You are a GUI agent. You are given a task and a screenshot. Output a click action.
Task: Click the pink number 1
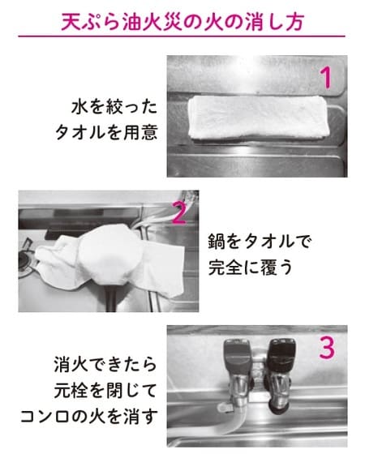coord(327,78)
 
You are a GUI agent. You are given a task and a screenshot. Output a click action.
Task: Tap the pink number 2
coord(179,213)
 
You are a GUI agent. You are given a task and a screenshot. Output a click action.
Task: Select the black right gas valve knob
coord(281,355)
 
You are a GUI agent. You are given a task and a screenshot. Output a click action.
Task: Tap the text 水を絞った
coord(114,107)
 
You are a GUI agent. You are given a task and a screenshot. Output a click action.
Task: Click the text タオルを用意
coord(106,132)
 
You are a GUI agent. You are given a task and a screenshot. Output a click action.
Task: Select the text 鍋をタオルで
coord(260,242)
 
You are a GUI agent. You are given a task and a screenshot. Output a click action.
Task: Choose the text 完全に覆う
coord(251,268)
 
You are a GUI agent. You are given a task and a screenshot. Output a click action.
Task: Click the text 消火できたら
coord(105,365)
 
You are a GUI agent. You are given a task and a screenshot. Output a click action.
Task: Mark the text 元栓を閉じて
coord(105,391)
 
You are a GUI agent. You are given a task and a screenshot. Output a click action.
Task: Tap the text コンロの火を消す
coord(88,417)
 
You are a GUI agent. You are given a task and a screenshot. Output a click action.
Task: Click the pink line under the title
coord(182,36)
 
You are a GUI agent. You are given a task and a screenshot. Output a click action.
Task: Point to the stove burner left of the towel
coord(26,260)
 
